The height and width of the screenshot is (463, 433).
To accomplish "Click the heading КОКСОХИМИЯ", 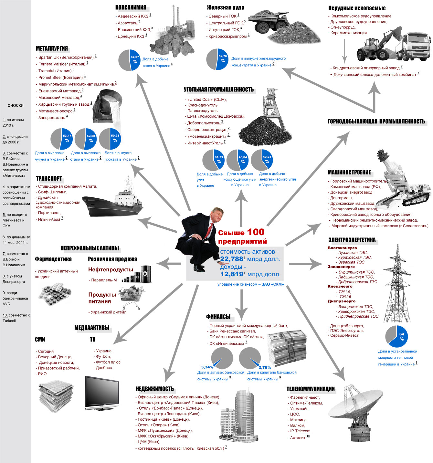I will coord(131,7).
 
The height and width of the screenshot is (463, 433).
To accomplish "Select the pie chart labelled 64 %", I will coord(396,336).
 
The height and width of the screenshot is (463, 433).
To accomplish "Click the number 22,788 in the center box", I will coord(231,259).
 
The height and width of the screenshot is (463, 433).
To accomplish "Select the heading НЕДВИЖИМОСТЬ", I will coord(155,389).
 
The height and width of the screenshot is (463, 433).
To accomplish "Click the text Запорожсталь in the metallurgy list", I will coord(52,118).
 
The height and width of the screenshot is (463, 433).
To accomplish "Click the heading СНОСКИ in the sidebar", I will coord(16,105).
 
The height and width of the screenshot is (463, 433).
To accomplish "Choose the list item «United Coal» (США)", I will coord(207,100).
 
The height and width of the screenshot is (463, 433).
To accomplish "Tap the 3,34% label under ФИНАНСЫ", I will coord(207,367).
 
